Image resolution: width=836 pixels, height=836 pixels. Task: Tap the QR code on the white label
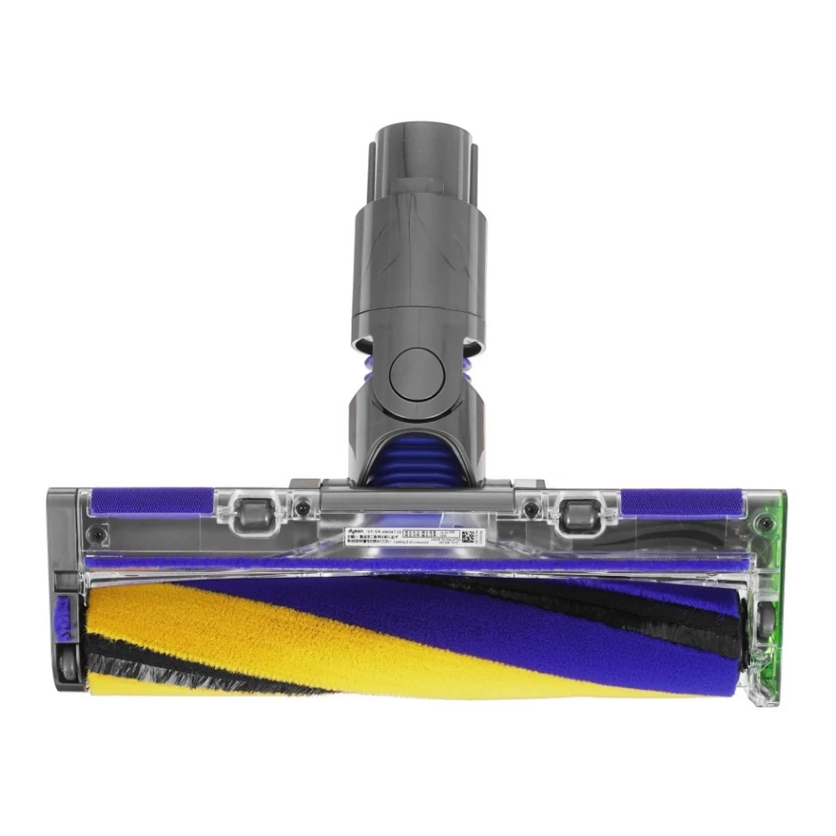tap(468, 536)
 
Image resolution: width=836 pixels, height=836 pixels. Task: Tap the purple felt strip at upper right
tap(677, 502)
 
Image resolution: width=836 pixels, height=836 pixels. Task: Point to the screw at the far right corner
tap(762, 524)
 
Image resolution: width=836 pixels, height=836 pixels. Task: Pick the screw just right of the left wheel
tap(303, 508)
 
